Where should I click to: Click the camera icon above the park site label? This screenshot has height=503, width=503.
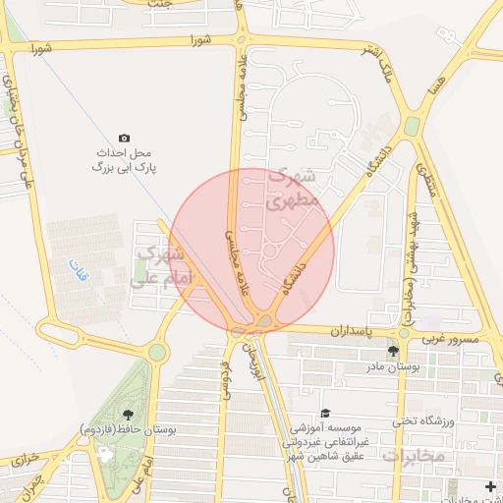coord(124,138)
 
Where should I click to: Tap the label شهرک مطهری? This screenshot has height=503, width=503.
coord(292,188)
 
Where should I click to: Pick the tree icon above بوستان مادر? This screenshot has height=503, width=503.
coord(393,351)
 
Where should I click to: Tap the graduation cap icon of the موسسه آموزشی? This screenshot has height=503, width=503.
coord(326,414)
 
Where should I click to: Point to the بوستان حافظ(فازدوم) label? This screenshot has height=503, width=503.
coord(127,429)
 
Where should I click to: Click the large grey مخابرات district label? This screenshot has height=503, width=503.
coord(414,457)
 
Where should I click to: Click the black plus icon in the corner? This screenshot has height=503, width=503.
coord(491,487)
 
